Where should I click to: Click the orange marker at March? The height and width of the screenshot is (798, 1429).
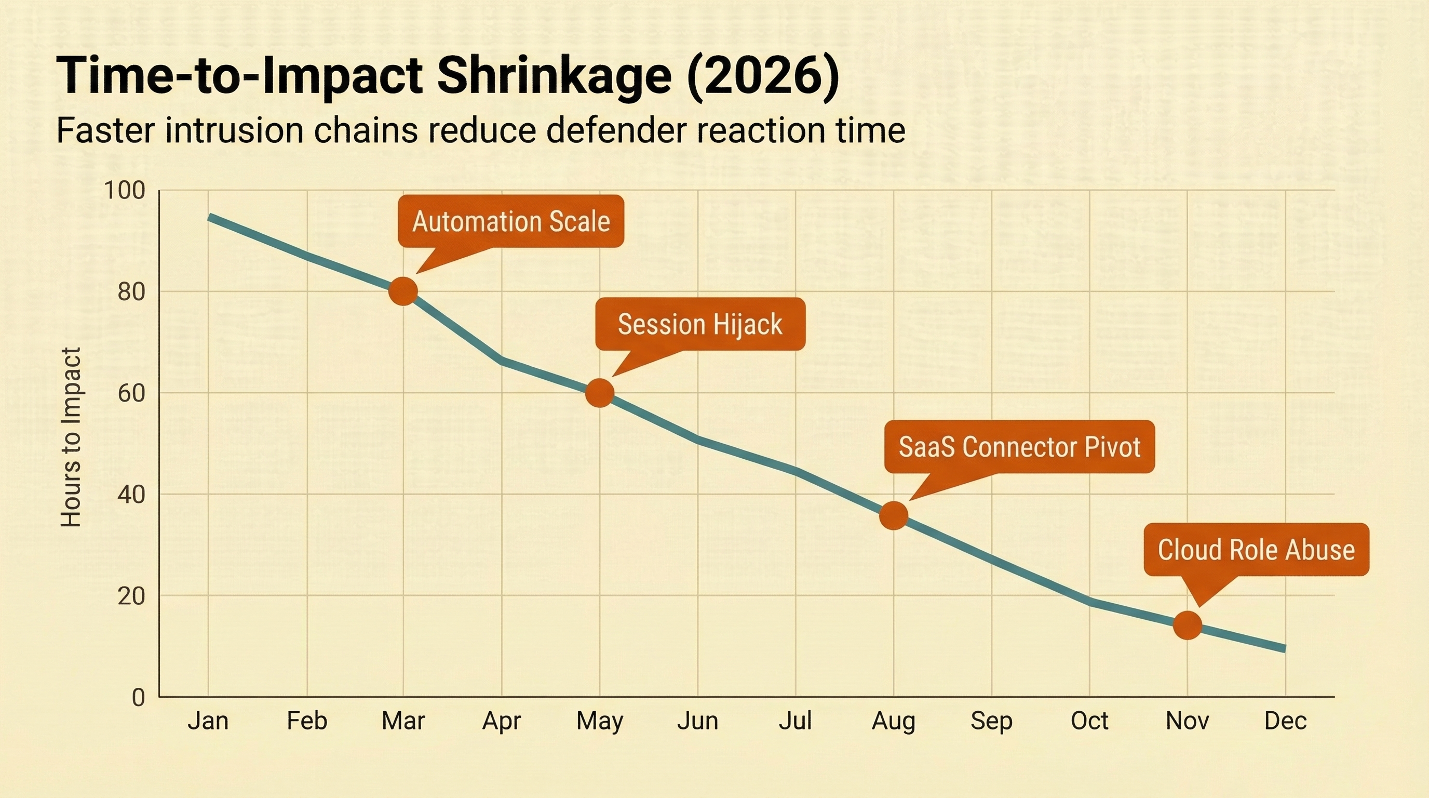pos(403,291)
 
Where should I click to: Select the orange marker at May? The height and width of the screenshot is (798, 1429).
pos(600,393)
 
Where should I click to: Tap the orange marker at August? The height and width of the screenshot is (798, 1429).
pos(893,515)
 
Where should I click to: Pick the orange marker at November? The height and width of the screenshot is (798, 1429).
pos(1187,626)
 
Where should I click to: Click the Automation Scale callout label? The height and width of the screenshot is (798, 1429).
pos(511,221)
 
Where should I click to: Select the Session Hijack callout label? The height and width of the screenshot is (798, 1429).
pos(700,324)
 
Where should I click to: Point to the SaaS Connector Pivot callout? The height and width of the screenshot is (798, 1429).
pos(1020,447)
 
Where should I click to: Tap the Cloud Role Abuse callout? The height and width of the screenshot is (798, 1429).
pos(1257,549)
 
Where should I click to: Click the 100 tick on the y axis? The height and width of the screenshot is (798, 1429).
pos(124,190)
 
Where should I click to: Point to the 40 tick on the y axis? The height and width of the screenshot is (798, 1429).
pos(131,494)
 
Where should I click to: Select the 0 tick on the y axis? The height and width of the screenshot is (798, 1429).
pos(138,697)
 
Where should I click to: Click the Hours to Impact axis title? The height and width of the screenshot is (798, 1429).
pos(71,437)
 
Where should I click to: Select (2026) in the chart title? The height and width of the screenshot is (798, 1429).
pos(763,76)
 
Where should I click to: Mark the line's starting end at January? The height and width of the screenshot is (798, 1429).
pos(209,217)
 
